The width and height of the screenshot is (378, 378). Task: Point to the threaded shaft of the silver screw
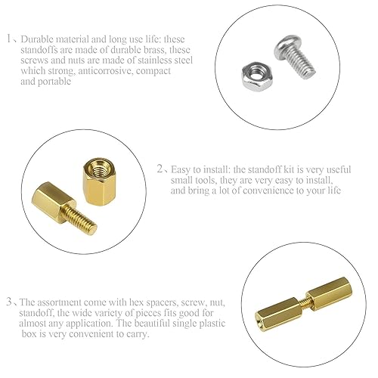coord(302,63)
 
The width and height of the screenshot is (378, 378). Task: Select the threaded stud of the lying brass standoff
coord(82,221)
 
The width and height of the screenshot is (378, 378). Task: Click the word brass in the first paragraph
coord(150,50)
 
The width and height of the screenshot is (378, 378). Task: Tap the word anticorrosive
coord(105,71)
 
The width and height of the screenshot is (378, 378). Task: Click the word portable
coord(54,82)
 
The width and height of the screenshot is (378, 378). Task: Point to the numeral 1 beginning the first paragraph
coord(9,39)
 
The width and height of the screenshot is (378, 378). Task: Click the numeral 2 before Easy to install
coord(160,169)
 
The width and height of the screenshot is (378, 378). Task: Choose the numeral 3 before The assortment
coord(9,302)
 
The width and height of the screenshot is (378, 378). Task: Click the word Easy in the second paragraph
coord(180,170)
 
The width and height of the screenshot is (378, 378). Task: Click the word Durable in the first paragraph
coord(37,39)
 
